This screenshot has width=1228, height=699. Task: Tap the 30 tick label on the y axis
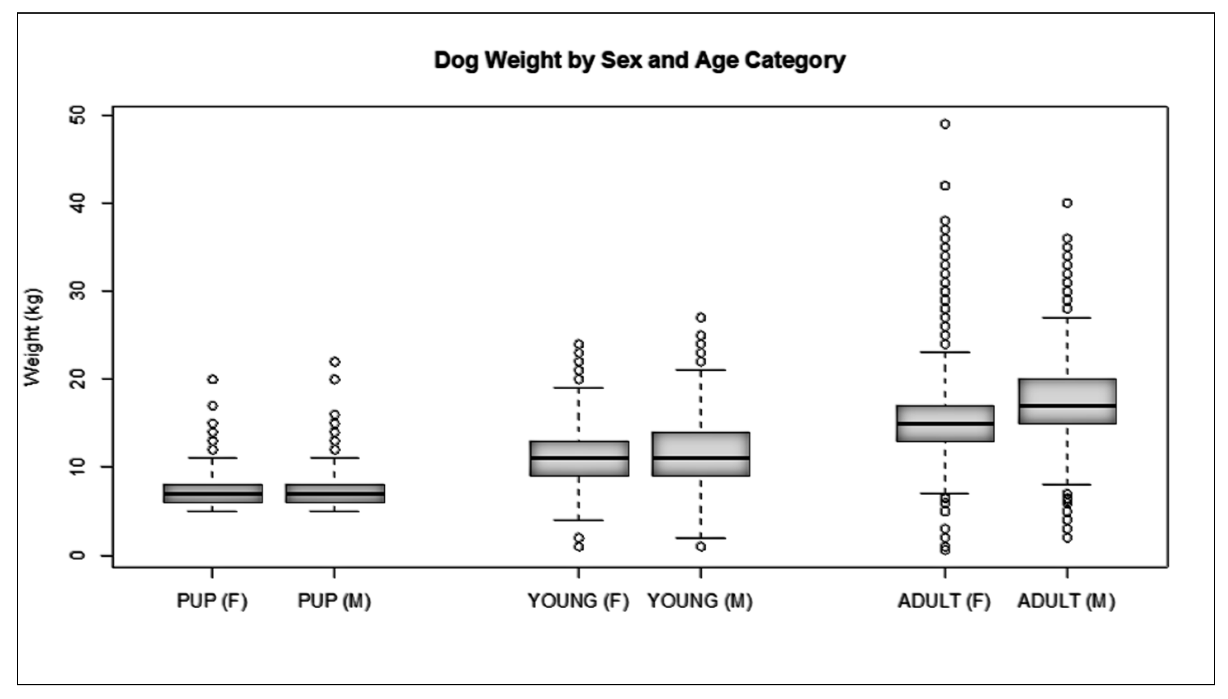tap(78, 291)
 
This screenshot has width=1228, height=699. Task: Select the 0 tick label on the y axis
tap(78, 555)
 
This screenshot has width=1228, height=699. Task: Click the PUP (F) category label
tap(212, 601)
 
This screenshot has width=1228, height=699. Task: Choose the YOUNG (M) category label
tap(700, 601)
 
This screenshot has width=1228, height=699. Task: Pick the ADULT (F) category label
tap(944, 601)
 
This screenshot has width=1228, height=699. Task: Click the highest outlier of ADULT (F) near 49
tap(945, 124)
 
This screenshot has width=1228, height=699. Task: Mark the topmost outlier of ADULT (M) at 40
tap(1067, 203)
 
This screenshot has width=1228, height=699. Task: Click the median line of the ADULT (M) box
tap(1067, 406)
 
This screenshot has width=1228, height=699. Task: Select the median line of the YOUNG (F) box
tap(579, 458)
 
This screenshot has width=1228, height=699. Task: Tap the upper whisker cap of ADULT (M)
tap(1067, 318)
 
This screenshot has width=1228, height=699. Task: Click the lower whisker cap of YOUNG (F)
tap(579, 520)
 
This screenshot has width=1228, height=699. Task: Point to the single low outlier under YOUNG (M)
tap(700, 547)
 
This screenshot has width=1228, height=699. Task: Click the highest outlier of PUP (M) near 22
tap(335, 362)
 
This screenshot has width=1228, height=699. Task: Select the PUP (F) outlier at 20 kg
tap(213, 379)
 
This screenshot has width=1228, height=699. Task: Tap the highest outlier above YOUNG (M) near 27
tap(700, 318)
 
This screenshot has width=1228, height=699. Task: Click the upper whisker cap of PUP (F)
tap(213, 458)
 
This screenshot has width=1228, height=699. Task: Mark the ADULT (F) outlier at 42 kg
tap(945, 186)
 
